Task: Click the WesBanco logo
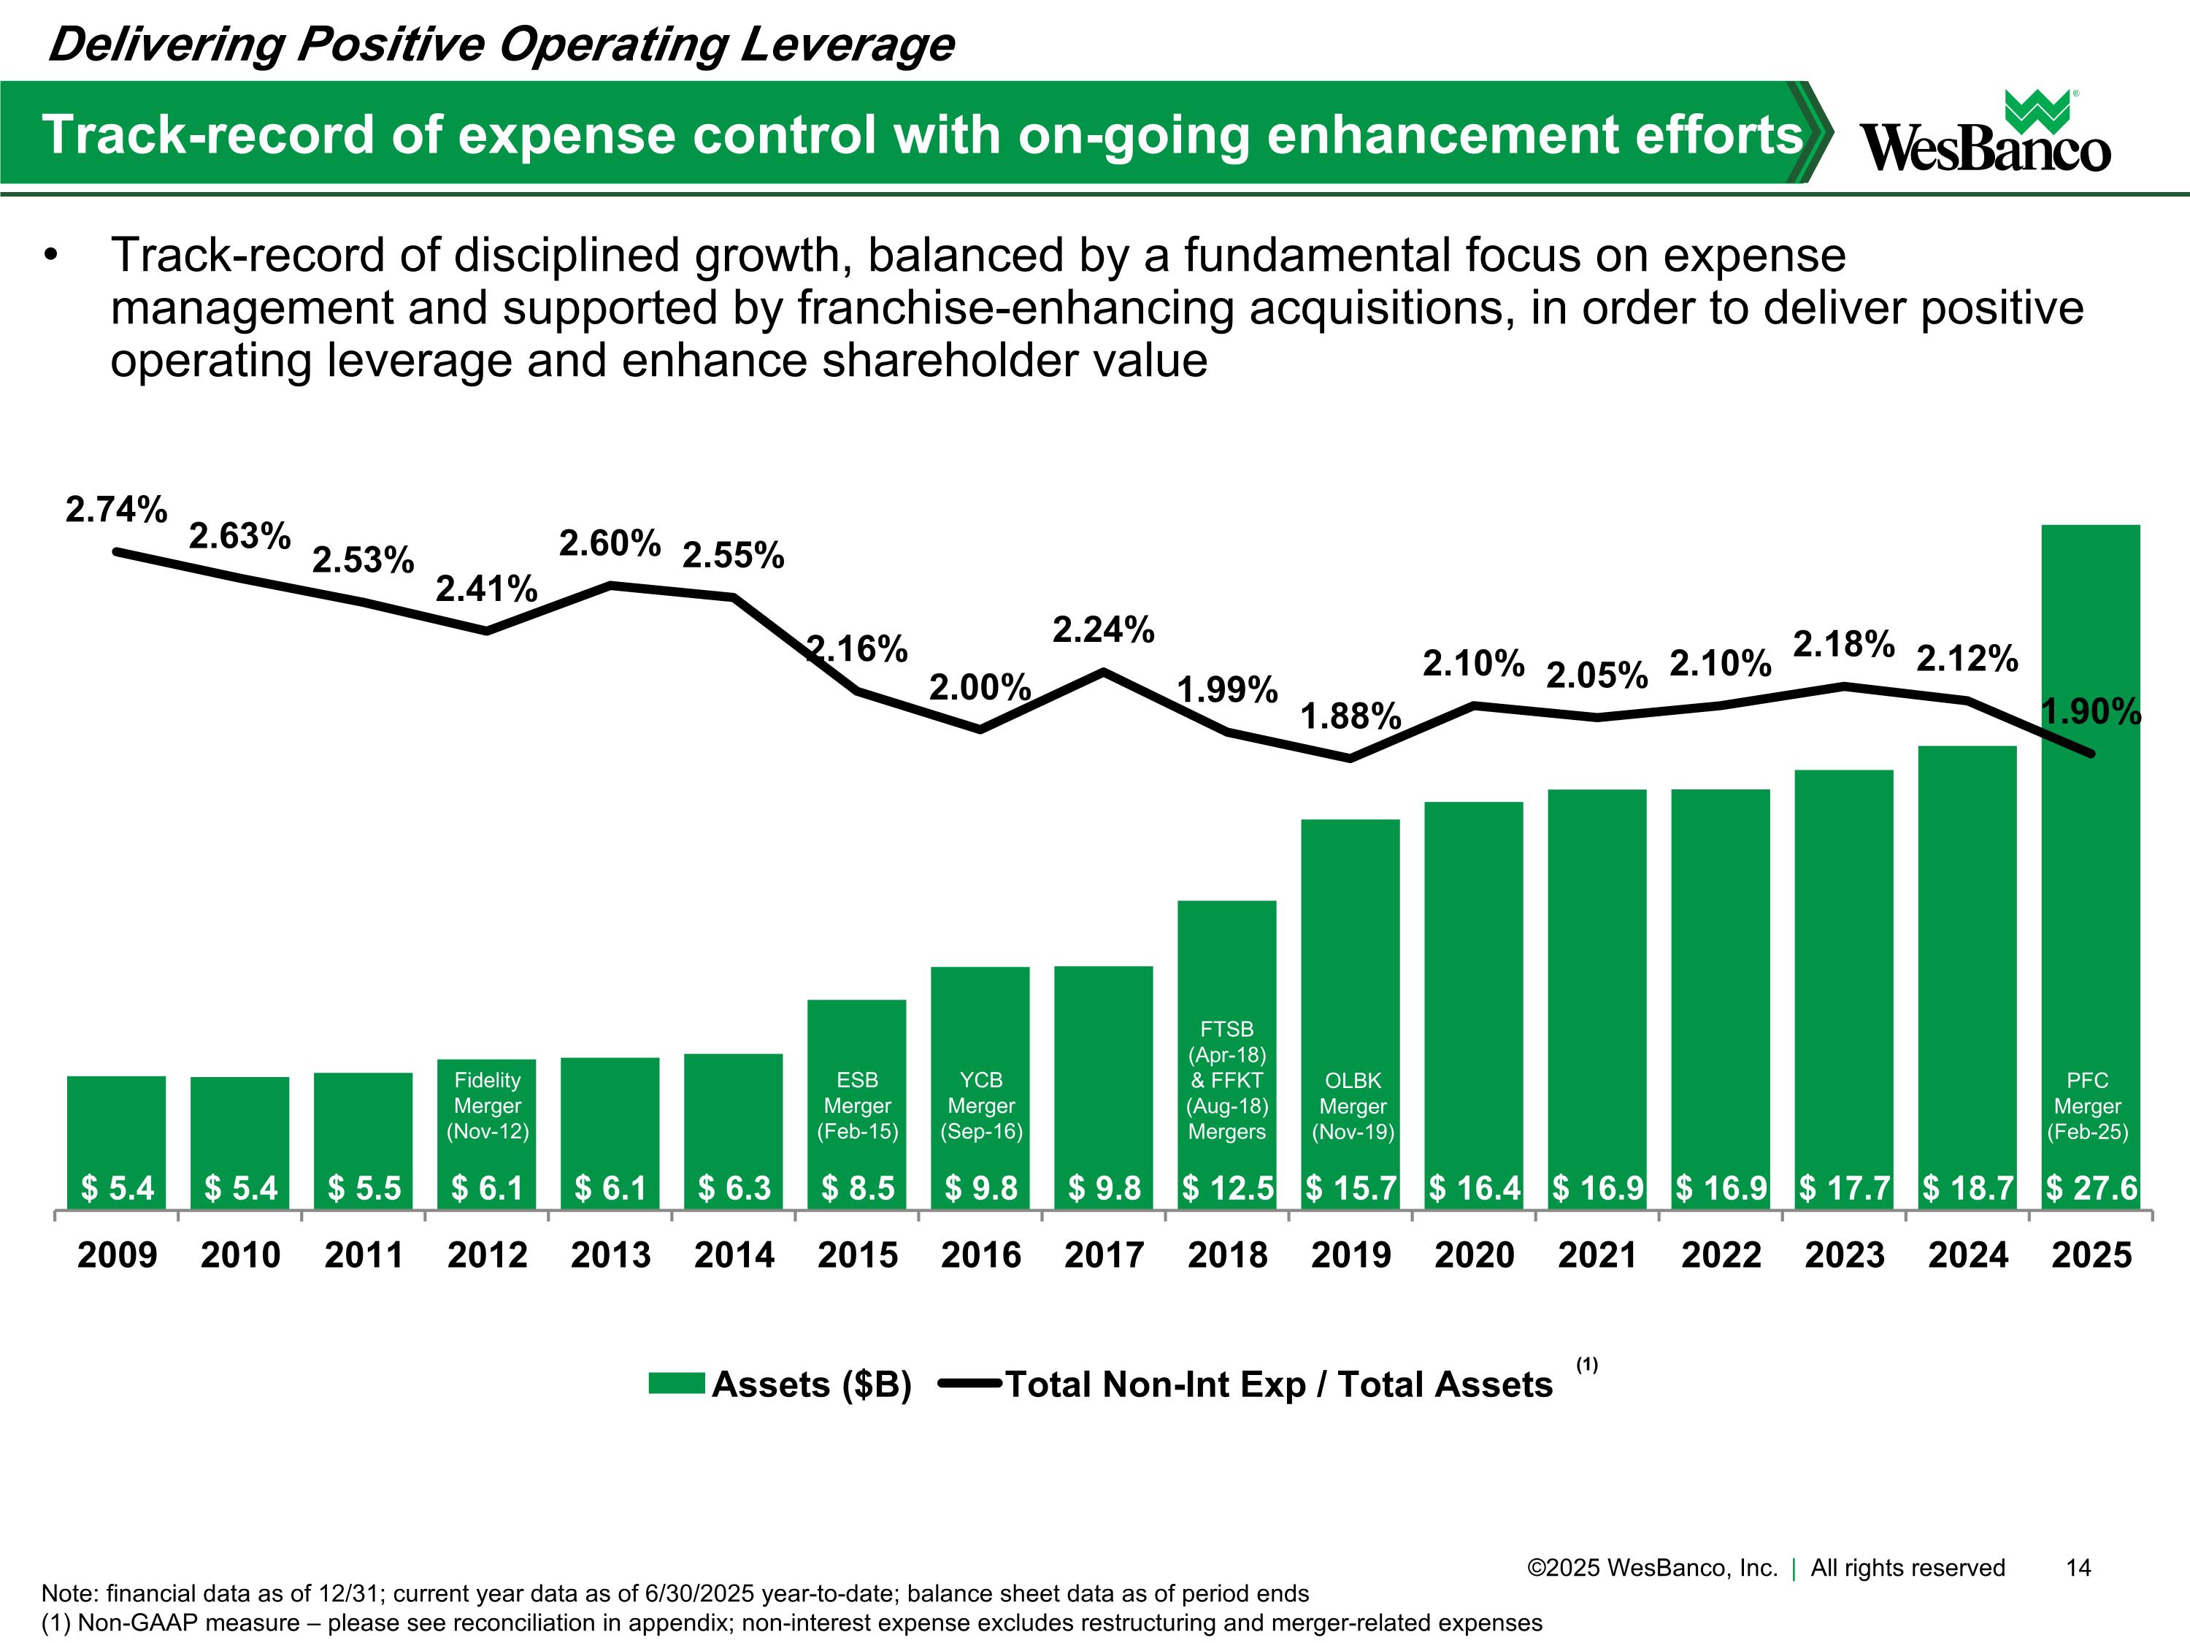click(x=1985, y=134)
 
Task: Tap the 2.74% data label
click(x=116, y=510)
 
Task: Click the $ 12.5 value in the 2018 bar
click(x=1228, y=1187)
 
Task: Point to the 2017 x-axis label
click(x=1104, y=1255)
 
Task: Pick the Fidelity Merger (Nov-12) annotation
click(x=487, y=1106)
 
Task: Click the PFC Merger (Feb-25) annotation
click(x=2087, y=1106)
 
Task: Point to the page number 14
click(x=2078, y=1568)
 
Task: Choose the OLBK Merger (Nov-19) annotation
click(x=1353, y=1106)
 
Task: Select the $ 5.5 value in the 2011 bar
click(x=364, y=1187)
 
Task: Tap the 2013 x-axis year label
click(x=611, y=1255)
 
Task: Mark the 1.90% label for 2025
click(x=2091, y=711)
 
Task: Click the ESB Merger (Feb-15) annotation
click(x=858, y=1106)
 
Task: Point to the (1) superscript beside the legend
click(x=1586, y=1365)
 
